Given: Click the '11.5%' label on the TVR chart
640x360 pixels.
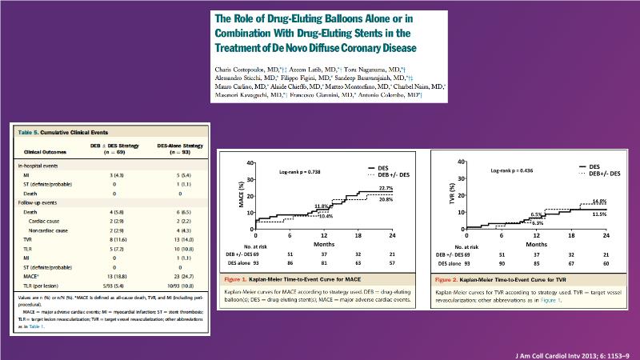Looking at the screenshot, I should point(589,214).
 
